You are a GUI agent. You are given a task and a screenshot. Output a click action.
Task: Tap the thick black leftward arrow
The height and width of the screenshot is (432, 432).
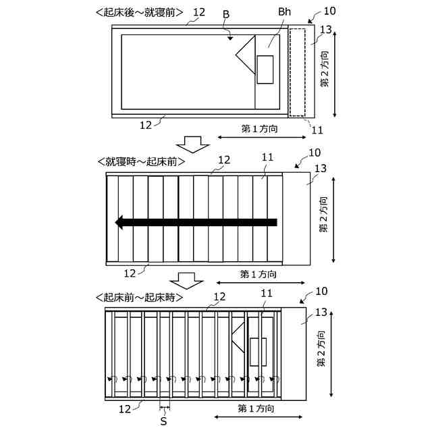(196, 222)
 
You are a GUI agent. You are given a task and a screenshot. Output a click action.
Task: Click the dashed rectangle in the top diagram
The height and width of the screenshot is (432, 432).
(297, 71)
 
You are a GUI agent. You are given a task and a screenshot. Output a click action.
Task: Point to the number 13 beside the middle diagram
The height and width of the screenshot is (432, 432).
(321, 168)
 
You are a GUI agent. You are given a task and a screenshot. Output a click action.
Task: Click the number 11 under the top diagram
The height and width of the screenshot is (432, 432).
(317, 129)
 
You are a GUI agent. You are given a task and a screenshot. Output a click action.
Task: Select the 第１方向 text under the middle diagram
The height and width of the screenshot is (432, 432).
(258, 274)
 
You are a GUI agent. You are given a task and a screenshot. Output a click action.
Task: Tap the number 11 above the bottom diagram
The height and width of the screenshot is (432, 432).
(267, 293)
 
